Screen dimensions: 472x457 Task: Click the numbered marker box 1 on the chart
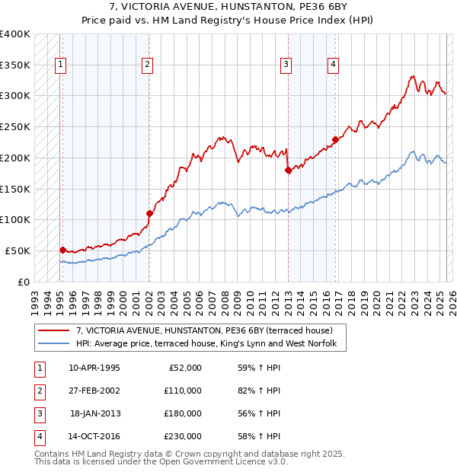tap(59, 65)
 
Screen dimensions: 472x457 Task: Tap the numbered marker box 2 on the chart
tap(146, 65)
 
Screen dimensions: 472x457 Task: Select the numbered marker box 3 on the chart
tap(286, 65)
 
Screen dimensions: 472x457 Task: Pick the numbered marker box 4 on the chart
tap(334, 65)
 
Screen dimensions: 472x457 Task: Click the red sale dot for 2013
tap(288, 171)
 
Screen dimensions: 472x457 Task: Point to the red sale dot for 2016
tap(335, 139)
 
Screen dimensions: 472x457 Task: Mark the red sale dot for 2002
tap(149, 214)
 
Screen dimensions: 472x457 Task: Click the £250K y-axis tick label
tap(15, 126)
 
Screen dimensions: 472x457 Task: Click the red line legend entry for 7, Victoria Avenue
tap(204, 330)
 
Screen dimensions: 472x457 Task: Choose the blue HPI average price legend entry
tap(211, 344)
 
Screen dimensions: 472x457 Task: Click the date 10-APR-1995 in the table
tap(94, 368)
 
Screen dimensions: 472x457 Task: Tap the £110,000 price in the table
tap(183, 391)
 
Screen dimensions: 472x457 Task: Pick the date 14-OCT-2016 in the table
tap(94, 436)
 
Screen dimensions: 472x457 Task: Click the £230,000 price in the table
tap(183, 436)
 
